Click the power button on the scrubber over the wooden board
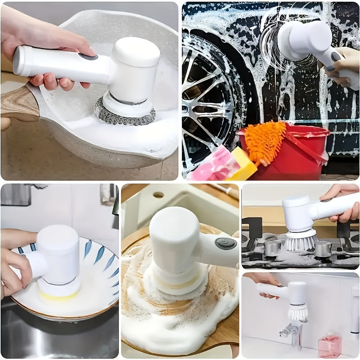pyautogui.click(x=225, y=243)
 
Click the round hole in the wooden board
pyautogui.click(x=158, y=195)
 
